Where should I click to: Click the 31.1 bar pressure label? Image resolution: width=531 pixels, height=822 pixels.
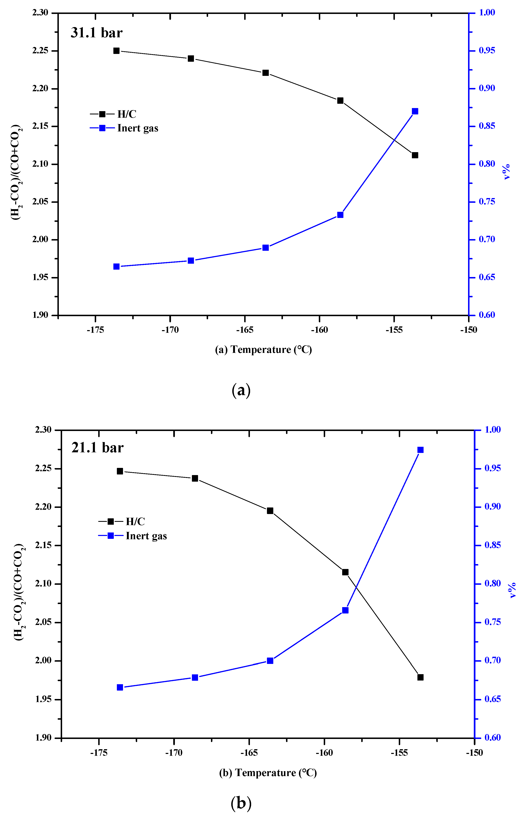(x=97, y=33)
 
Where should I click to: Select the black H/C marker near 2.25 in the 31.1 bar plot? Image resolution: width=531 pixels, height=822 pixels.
(x=116, y=51)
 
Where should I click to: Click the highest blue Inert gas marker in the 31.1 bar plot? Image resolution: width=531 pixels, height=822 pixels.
(x=415, y=111)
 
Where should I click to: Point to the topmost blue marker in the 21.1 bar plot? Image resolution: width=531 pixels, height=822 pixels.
(x=420, y=450)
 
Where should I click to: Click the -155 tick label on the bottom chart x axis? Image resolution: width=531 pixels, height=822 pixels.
(x=399, y=753)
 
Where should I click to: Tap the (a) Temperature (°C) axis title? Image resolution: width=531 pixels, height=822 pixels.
(x=263, y=350)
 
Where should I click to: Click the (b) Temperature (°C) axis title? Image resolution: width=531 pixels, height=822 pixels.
(x=268, y=773)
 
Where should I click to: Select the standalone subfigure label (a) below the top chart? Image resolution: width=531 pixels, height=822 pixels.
(x=241, y=390)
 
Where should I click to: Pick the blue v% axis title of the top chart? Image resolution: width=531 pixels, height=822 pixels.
(x=506, y=172)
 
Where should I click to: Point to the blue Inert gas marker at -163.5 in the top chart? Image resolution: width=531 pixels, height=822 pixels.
(x=265, y=247)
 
